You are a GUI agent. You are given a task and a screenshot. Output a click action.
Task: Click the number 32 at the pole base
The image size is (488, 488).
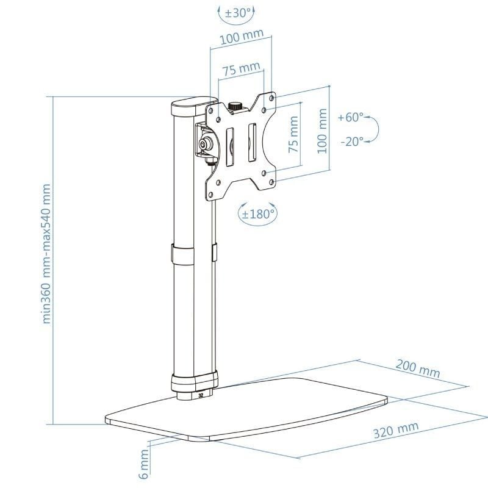click(201, 395)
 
